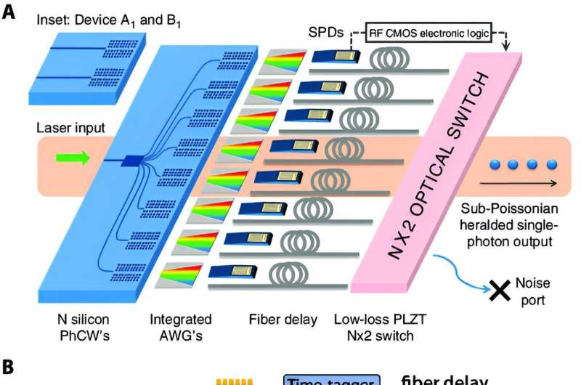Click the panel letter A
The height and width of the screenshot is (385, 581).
click(x=9, y=14)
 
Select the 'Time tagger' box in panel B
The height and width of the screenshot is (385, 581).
click(x=330, y=378)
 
